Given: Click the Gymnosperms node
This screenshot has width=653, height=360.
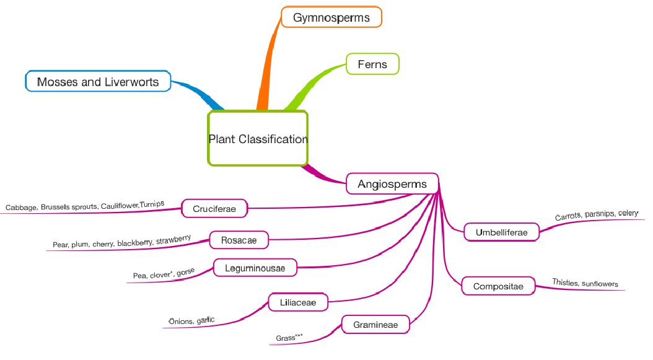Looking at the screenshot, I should tap(331, 17).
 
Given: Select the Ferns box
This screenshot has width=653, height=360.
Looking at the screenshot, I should tap(372, 64).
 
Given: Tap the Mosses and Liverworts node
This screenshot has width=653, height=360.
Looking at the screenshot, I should tap(98, 82).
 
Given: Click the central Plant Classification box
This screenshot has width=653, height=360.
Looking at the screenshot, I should tap(258, 139).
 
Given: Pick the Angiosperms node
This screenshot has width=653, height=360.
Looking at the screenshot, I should tap(392, 184).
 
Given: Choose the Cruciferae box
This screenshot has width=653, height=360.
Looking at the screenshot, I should tap(214, 209).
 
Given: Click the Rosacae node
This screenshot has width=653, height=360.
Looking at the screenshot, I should tap(239, 240).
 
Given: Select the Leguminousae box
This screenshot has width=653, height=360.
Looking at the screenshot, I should tap(255, 268).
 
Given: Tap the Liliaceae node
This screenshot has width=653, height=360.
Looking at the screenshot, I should tap(298, 302).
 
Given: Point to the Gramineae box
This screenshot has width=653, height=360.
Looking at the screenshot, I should tap(376, 325).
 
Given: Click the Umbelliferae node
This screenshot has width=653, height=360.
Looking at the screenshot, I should tap(501, 232).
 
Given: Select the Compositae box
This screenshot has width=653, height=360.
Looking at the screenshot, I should tap(497, 286).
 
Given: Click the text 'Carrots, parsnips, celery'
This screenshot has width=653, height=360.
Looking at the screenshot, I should tap(596, 214).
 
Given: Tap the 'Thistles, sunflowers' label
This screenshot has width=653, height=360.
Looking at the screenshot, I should tap(585, 284).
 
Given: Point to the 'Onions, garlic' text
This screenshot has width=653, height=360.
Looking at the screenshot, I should tap(191, 320).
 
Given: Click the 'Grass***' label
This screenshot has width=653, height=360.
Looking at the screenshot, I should tap(289, 338).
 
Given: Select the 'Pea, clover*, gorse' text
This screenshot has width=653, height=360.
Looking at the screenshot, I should tap(164, 273).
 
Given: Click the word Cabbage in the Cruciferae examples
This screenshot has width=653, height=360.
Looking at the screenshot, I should tap(21, 208).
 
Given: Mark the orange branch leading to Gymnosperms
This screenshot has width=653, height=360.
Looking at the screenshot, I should tap(266, 68).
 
